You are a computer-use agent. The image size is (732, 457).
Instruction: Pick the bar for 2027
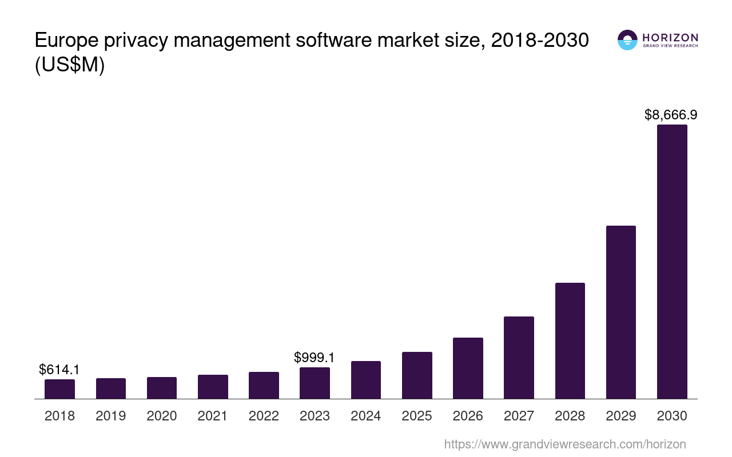click(519, 358)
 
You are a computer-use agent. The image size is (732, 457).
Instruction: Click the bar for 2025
click(417, 375)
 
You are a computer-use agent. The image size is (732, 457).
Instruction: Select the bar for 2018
click(59, 389)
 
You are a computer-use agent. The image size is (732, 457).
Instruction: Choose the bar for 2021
click(213, 387)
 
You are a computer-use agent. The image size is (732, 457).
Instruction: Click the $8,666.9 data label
click(671, 115)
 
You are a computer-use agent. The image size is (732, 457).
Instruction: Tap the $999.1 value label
click(314, 358)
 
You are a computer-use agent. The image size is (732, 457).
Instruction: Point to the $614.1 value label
click(59, 370)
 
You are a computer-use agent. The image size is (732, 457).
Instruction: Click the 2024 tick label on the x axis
click(366, 416)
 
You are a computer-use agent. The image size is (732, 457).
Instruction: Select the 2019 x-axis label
click(111, 416)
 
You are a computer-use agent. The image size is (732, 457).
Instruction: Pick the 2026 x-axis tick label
click(468, 416)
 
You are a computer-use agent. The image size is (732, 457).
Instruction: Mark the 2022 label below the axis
click(264, 416)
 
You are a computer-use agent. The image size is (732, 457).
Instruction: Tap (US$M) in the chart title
click(70, 66)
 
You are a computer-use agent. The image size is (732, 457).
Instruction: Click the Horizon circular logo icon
click(627, 40)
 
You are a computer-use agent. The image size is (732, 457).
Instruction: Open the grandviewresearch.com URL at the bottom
click(565, 444)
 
